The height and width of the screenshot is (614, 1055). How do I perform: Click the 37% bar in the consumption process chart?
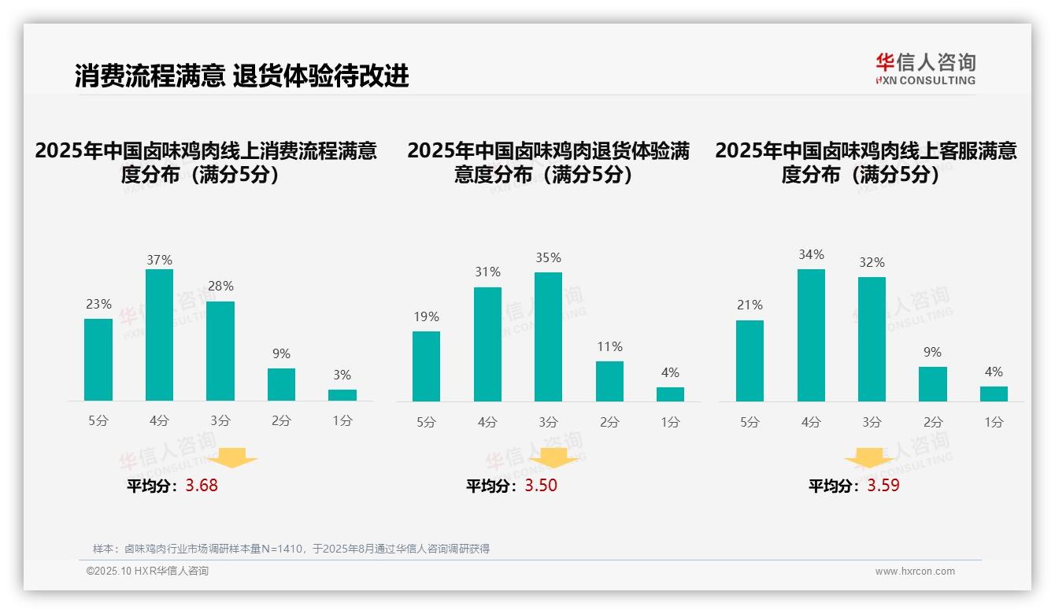[159, 335]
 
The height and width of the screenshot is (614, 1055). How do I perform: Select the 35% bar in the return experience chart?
[548, 337]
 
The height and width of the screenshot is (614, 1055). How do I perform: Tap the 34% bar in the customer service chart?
[811, 335]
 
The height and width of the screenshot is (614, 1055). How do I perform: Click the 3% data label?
[342, 375]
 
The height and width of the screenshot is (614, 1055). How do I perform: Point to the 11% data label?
[609, 346]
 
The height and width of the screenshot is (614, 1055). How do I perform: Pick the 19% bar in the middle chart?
[426, 366]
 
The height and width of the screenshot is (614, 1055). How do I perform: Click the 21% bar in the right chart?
[750, 361]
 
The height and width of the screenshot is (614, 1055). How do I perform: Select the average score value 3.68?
[202, 486]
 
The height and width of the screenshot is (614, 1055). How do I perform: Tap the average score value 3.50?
[541, 486]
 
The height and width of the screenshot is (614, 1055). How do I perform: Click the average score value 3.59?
[883, 486]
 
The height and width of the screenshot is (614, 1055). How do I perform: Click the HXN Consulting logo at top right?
[925, 68]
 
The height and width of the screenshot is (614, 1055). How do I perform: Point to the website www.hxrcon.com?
[915, 571]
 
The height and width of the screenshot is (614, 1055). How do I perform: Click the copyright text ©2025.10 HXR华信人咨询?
[147, 571]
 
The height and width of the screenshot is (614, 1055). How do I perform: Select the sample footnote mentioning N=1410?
[291, 549]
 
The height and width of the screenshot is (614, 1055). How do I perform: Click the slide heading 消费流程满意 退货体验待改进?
[242, 76]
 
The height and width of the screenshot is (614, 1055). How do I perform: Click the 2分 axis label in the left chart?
[281, 421]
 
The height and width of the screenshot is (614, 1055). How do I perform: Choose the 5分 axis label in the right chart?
[750, 422]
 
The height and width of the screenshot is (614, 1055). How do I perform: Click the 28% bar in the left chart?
[220, 351]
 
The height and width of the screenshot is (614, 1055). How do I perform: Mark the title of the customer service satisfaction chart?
[866, 162]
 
